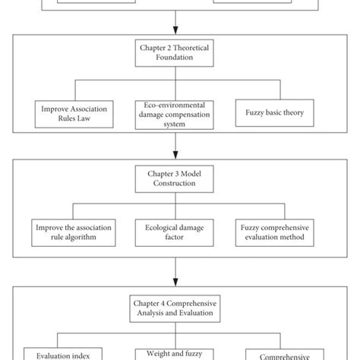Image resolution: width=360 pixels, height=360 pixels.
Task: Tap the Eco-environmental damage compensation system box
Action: pos(176,115)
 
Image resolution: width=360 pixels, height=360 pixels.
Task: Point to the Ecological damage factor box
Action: pos(176,232)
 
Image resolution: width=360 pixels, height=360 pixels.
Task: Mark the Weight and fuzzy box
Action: pos(176,354)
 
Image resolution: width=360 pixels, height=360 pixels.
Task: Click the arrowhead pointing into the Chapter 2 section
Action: pos(176,27)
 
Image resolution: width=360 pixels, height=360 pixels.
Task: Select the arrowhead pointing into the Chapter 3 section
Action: pos(176,150)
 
